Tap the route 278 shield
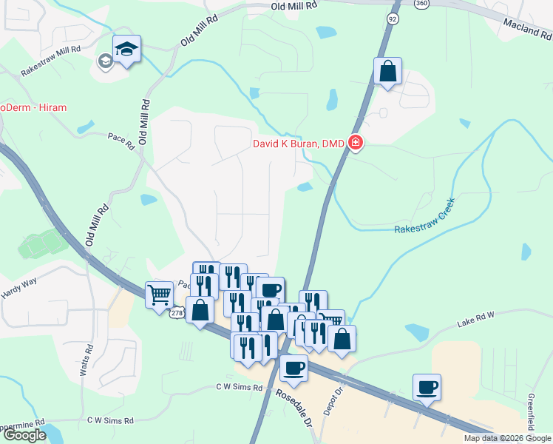point(175,314)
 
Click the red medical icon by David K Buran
point(356,143)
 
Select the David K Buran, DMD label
point(299,144)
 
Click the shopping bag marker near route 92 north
point(387,71)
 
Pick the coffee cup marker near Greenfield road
point(427,386)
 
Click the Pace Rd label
point(120,138)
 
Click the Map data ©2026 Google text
point(507,438)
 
